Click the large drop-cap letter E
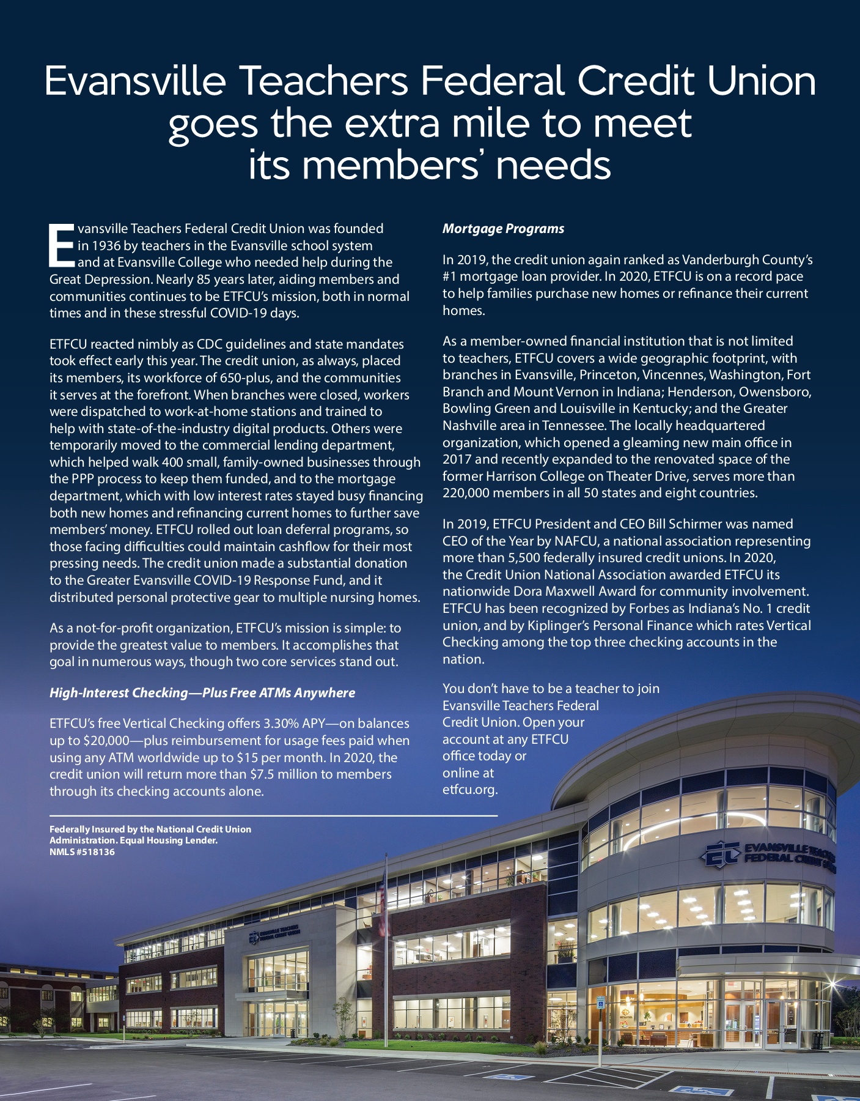[x=61, y=245]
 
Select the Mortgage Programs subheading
[x=503, y=229]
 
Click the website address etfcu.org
[x=469, y=790]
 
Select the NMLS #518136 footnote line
[x=82, y=852]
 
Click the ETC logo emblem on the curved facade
[x=722, y=855]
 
